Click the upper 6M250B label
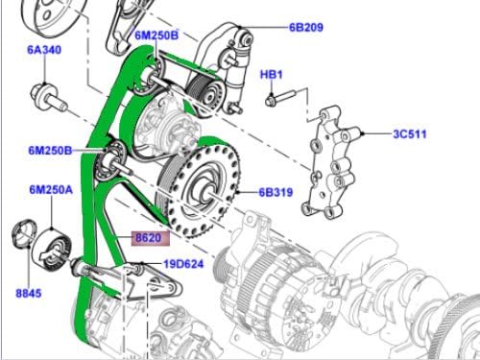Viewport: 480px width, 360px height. (x=157, y=36)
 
